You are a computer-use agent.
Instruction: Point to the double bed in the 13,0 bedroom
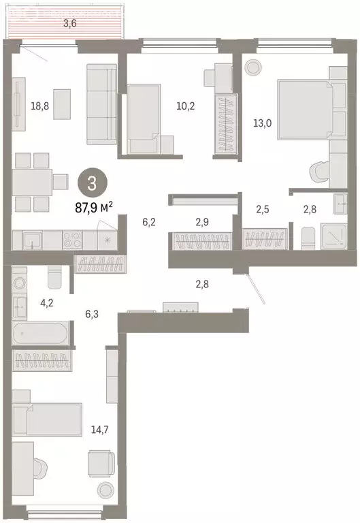[304, 108]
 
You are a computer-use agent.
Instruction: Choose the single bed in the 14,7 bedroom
[48, 419]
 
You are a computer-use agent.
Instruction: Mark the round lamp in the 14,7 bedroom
[104, 489]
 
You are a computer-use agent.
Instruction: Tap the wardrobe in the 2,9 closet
[201, 241]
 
